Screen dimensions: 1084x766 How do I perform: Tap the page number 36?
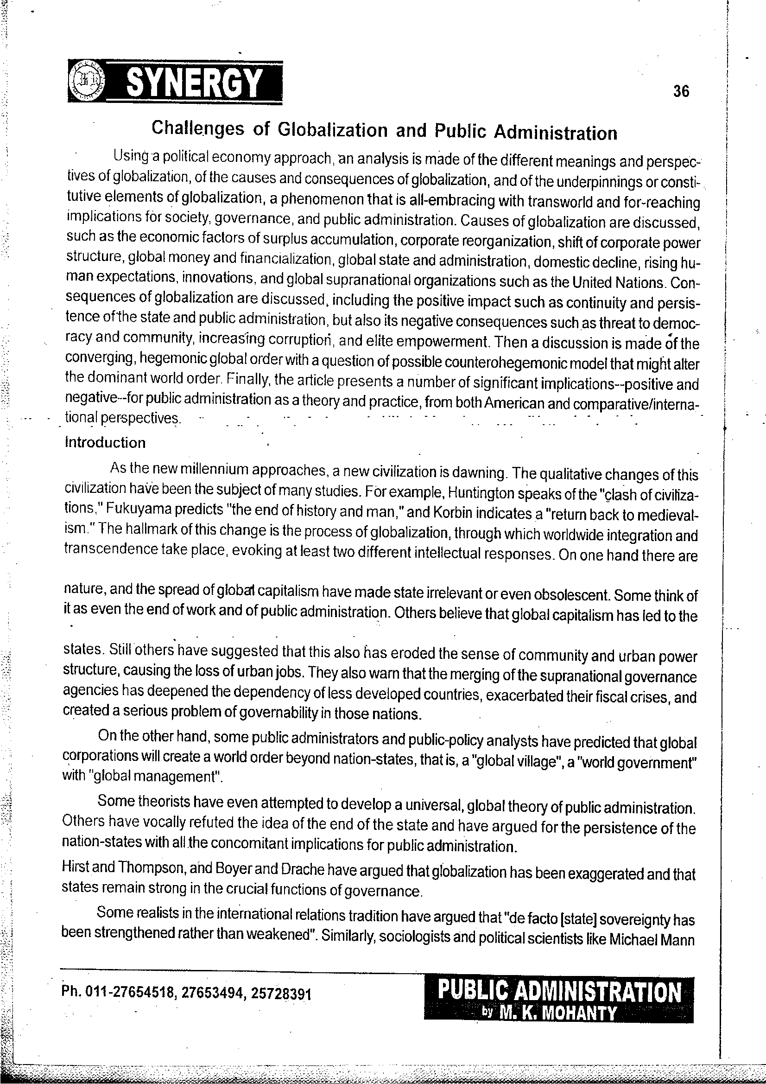pos(681,91)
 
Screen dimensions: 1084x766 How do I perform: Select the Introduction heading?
pos(105,442)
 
